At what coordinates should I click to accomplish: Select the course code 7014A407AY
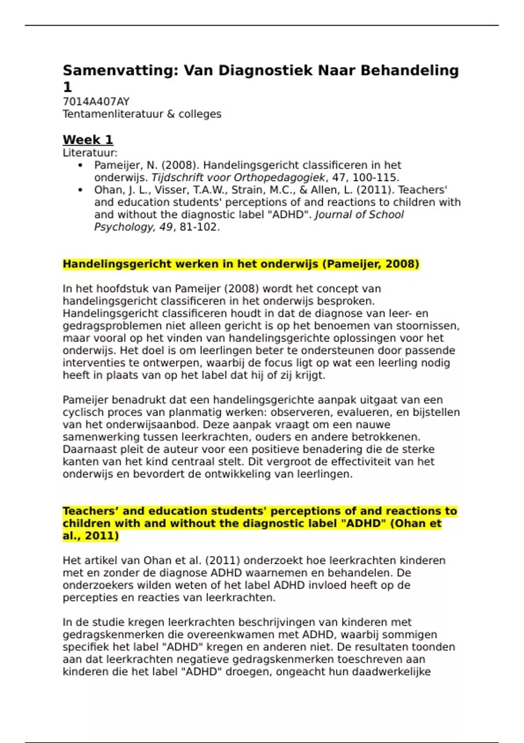(96, 102)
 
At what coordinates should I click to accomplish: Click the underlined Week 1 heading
(88, 140)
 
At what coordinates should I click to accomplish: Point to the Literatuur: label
(90, 153)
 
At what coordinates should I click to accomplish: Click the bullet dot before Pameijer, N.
(80, 165)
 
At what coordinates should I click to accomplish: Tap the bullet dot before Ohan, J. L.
(80, 190)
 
